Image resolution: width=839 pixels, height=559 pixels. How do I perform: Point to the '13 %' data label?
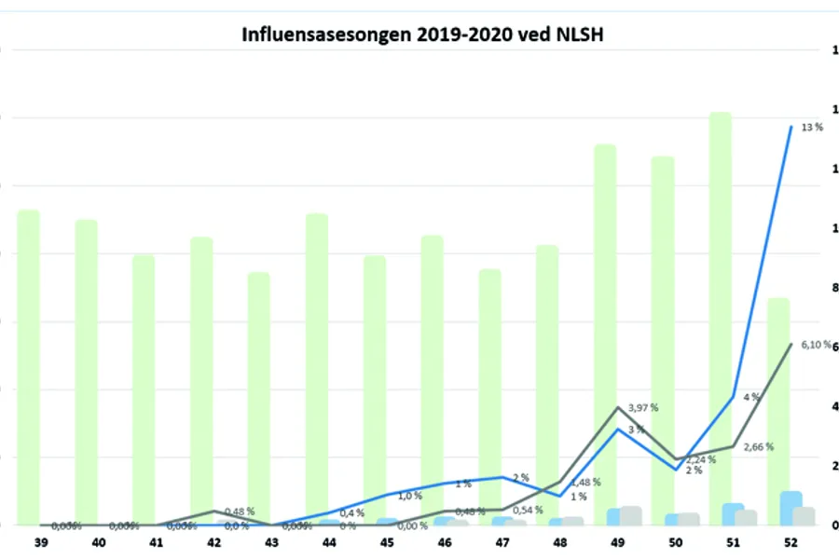tap(812, 127)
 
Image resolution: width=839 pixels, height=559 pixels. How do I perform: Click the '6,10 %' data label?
tap(817, 345)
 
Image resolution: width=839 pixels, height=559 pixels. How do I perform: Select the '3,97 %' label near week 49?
tap(643, 407)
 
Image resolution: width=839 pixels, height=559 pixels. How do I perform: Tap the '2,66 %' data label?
tap(758, 446)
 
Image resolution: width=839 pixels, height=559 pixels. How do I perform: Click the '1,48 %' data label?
tap(585, 482)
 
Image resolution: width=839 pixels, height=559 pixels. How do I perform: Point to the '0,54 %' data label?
tap(528, 510)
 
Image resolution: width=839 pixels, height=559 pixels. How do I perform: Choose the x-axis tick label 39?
tap(41, 541)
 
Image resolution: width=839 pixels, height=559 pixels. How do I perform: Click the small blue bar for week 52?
tap(791, 508)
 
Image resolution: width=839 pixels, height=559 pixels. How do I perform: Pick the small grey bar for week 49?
tap(631, 515)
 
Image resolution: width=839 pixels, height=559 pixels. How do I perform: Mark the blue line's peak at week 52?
tap(791, 127)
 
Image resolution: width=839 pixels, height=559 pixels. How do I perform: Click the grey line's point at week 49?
tap(617, 407)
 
